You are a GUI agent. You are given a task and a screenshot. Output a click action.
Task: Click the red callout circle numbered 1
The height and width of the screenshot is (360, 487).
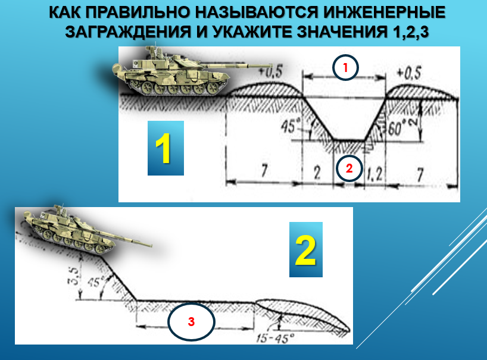coord(345,67)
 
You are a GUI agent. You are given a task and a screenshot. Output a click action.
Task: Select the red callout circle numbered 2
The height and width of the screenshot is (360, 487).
coord(349,168)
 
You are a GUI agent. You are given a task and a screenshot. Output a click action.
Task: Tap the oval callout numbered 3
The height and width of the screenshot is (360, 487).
coord(191,321)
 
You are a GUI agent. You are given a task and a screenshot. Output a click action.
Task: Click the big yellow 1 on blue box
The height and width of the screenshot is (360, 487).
coord(166,148)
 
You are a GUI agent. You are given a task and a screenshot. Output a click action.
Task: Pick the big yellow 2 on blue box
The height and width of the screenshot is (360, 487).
coord(306,249)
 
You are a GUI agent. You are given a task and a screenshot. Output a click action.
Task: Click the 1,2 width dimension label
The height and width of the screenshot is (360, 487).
coord(374,174)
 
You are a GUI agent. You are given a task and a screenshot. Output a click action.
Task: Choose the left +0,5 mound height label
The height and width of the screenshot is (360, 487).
coord(270,71)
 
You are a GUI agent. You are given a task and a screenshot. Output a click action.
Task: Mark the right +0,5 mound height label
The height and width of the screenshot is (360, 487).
coord(409,73)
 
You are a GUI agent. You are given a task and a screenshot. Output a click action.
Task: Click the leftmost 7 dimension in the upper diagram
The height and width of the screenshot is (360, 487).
coord(264,170)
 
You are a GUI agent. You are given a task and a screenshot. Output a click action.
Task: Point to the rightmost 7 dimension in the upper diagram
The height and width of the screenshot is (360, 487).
coord(420,174)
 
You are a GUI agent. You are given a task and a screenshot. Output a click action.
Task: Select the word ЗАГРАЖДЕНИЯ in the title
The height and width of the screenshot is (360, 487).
coord(128,32)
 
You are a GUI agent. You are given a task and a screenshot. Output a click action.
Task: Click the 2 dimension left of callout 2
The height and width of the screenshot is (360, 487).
coord(317,173)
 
